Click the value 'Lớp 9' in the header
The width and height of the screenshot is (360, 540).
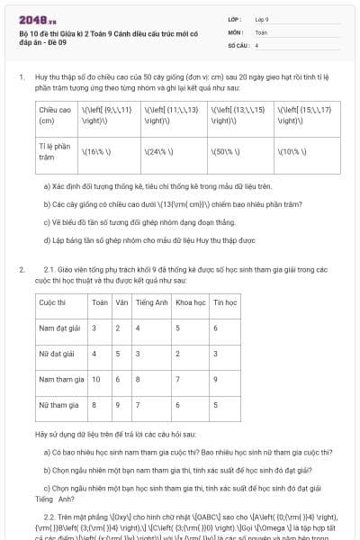coord(262,19)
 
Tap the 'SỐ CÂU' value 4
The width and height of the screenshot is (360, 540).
coord(256,44)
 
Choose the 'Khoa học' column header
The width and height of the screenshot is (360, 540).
coord(190,301)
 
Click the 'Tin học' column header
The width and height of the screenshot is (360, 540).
coord(225,301)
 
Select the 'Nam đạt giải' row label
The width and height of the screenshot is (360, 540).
coord(59,328)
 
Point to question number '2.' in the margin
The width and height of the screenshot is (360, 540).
coord(21,269)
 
